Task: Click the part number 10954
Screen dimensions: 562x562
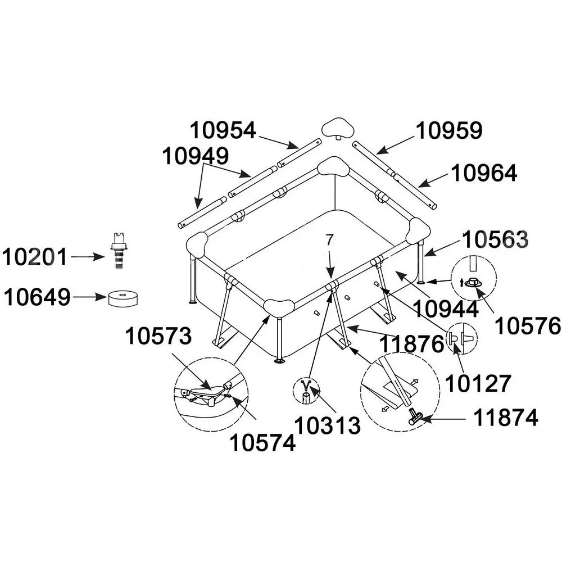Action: pyautogui.click(x=223, y=130)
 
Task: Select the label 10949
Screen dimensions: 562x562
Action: pyautogui.click(x=195, y=156)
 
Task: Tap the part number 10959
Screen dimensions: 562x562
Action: pyautogui.click(x=448, y=130)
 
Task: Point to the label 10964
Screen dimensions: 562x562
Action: pyautogui.click(x=484, y=174)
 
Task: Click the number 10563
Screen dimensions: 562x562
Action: pyautogui.click(x=495, y=240)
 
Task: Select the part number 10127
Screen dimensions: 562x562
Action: pyautogui.click(x=478, y=383)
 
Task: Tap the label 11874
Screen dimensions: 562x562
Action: pyautogui.click(x=505, y=418)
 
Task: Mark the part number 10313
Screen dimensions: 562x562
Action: pyautogui.click(x=327, y=425)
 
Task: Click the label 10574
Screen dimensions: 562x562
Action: pyautogui.click(x=262, y=443)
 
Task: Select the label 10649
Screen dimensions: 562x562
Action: pyautogui.click(x=37, y=297)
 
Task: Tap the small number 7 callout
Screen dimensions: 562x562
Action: pyautogui.click(x=329, y=239)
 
